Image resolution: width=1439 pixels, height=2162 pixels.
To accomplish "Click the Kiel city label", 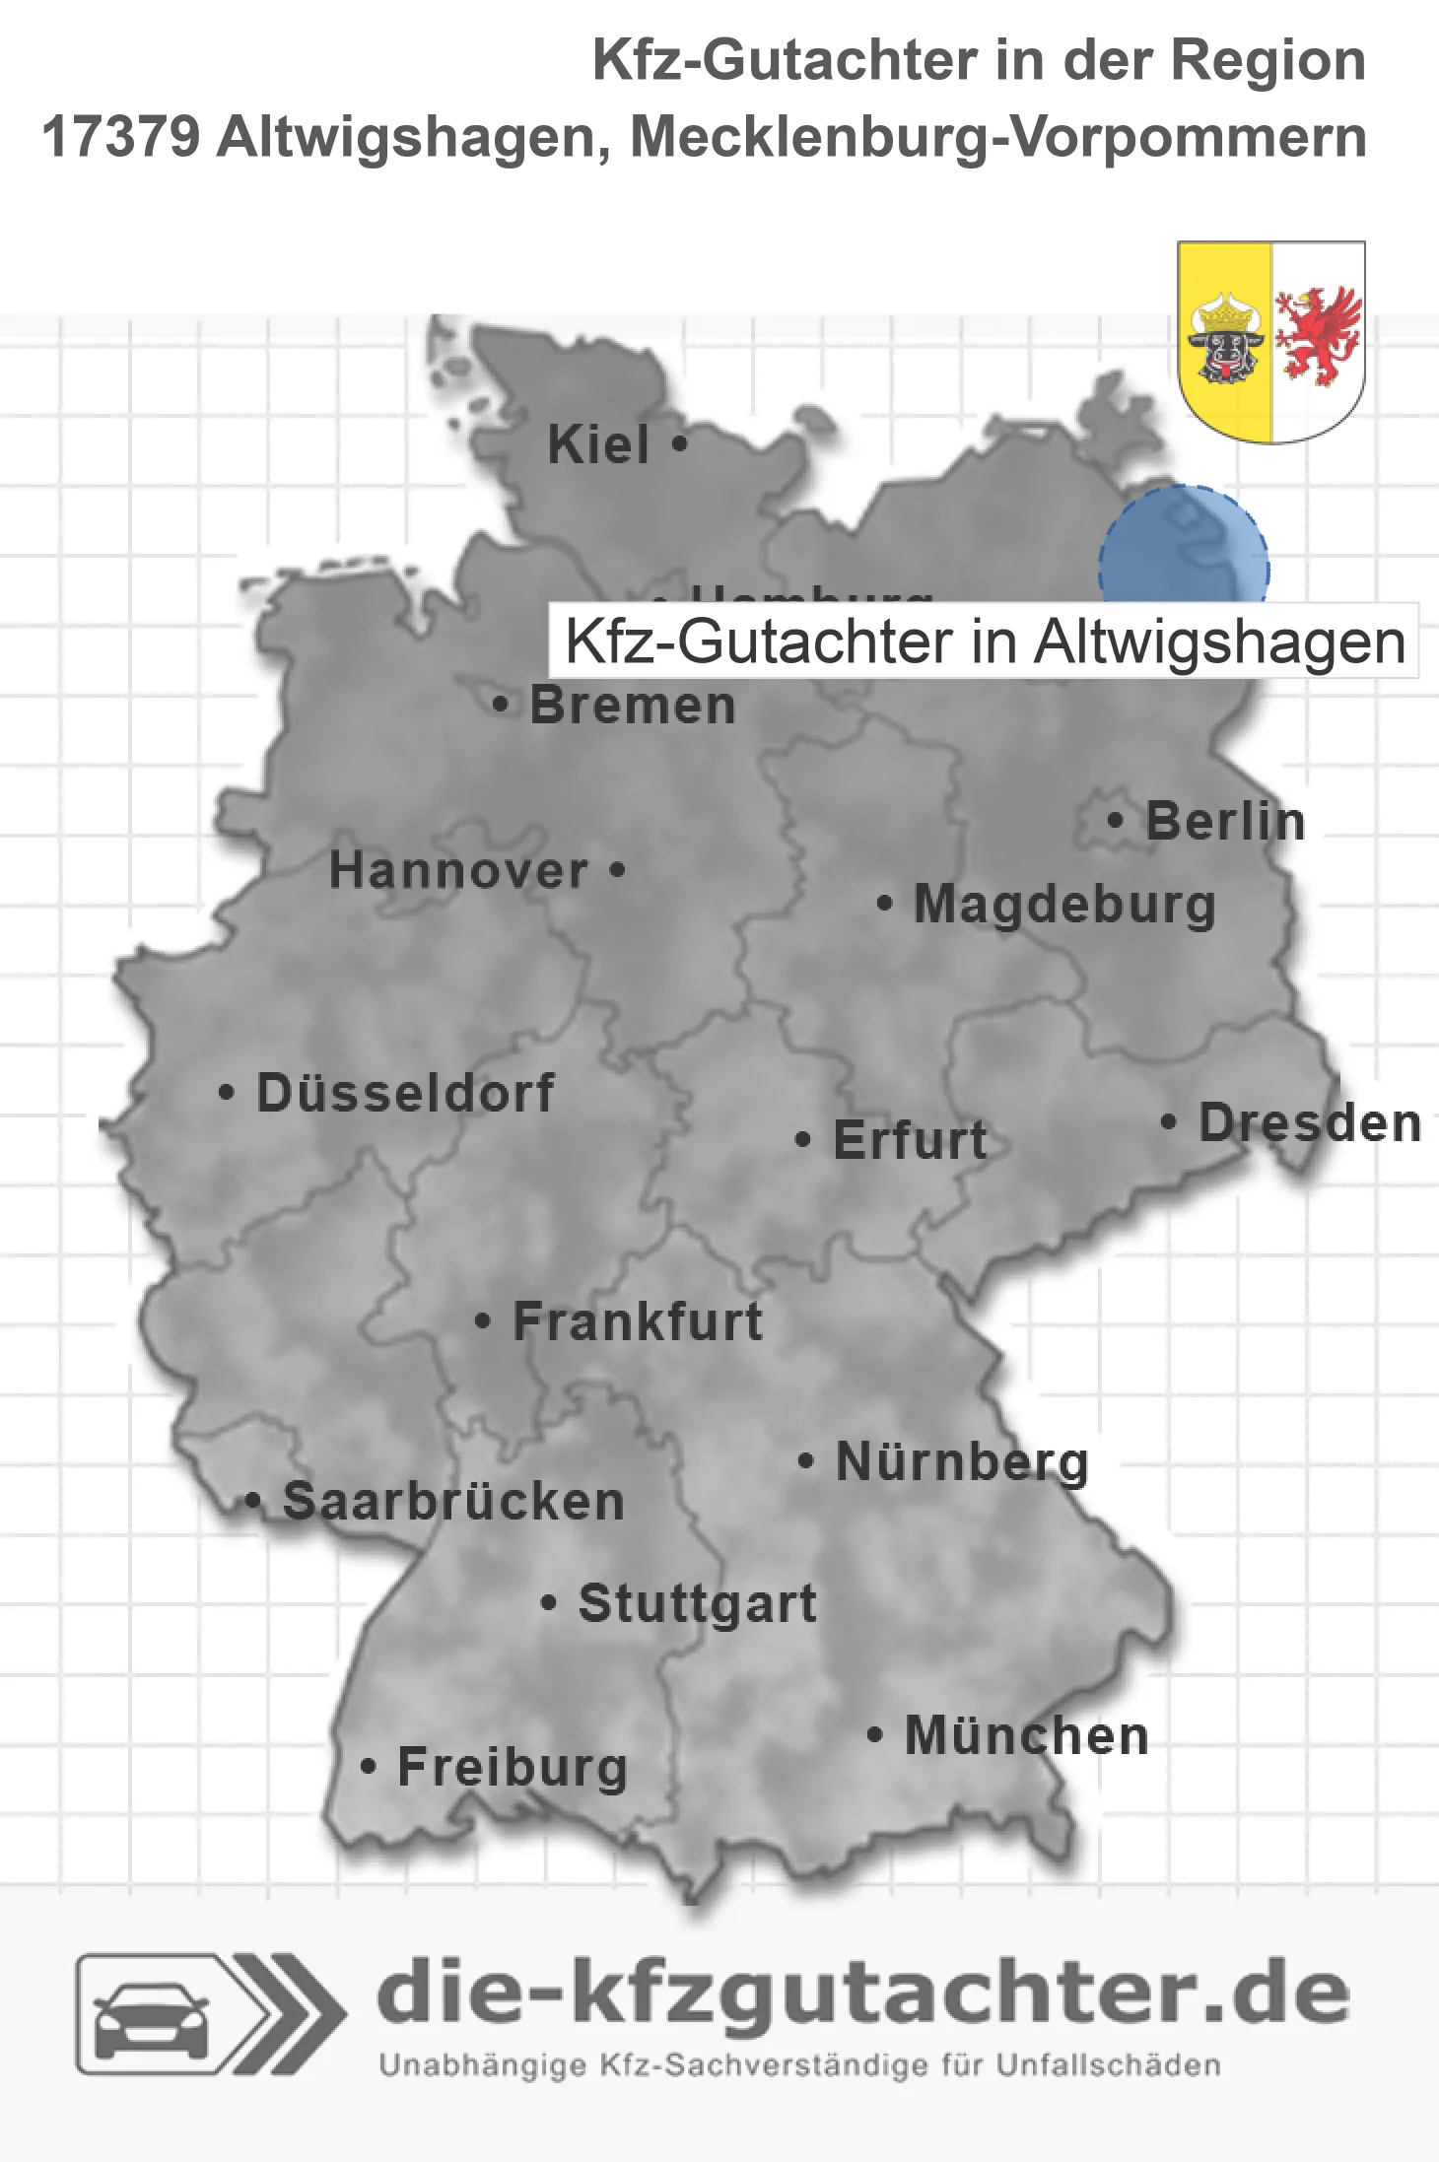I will point(598,444).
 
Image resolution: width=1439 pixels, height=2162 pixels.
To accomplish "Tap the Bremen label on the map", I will point(633,706).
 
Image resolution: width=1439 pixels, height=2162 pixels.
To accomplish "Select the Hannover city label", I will point(458,871).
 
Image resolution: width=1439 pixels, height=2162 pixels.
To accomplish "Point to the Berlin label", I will point(1225,821).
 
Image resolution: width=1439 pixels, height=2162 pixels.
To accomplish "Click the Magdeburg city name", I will point(1064,905).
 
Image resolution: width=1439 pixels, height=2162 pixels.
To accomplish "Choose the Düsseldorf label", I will point(405,1093).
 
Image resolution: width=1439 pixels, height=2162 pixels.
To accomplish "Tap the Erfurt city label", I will point(910,1140).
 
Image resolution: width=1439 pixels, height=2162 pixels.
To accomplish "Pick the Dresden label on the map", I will point(1310,1122).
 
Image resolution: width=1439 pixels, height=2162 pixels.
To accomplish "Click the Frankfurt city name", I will point(638,1321).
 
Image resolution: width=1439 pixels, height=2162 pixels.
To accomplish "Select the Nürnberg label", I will point(962,1461).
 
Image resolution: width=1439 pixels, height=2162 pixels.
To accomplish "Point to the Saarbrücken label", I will point(453,1502).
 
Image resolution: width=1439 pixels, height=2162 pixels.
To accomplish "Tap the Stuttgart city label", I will point(697,1603).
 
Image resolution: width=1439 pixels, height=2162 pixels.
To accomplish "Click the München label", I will point(1026,1735).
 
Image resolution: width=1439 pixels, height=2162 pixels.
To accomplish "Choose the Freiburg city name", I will point(513,1767).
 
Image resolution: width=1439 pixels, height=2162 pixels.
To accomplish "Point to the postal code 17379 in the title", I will point(121,136).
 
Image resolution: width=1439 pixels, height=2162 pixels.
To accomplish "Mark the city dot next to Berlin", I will point(1116,820).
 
